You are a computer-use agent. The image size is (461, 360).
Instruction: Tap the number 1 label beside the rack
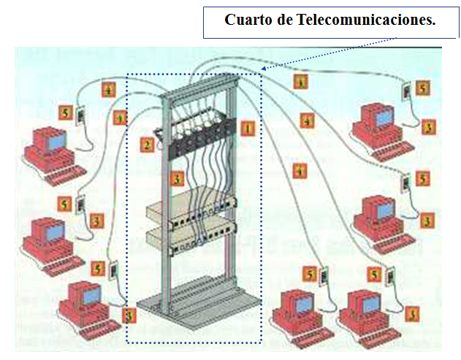coord(248,129)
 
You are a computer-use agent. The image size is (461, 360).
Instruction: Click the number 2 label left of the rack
coord(148,145)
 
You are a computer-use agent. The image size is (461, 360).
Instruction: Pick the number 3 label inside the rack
coord(176,177)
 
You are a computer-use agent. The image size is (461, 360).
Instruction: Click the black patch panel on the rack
coord(198,134)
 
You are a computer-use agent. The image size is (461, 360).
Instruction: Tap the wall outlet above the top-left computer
coord(81,116)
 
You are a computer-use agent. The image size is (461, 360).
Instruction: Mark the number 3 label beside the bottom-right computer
coord(414,314)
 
